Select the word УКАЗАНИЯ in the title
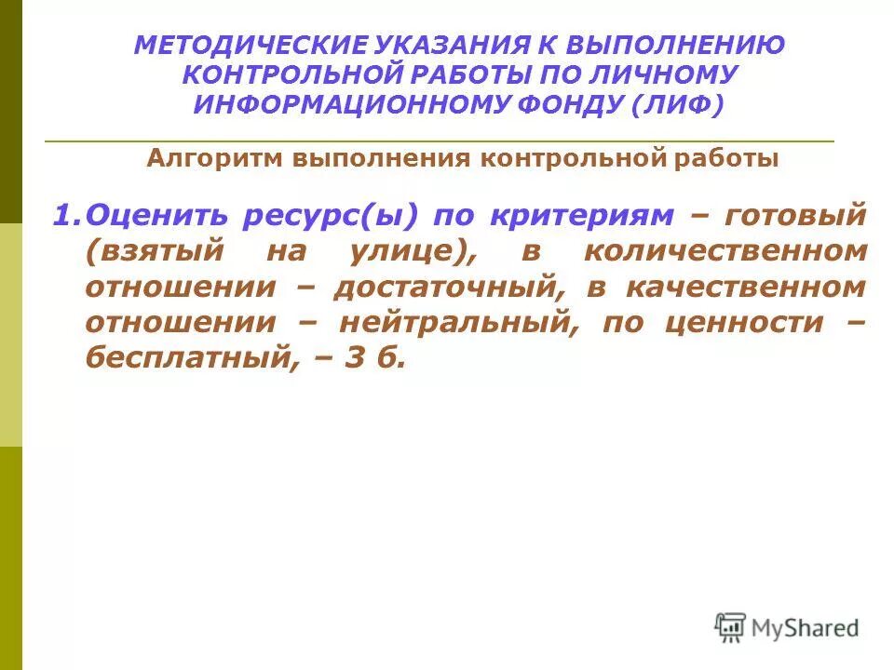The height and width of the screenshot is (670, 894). (x=423, y=45)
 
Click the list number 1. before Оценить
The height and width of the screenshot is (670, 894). (x=66, y=216)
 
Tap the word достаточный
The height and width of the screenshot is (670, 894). (x=449, y=288)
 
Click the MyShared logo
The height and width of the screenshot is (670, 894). (x=787, y=629)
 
